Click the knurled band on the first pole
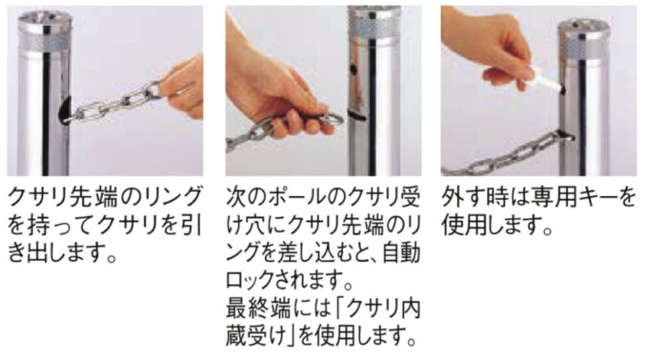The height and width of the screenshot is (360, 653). point(45,42)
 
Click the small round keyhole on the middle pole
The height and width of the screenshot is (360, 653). point(353,68)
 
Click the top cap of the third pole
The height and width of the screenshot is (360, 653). point(584,25)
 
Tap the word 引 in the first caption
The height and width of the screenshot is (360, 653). point(193,225)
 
